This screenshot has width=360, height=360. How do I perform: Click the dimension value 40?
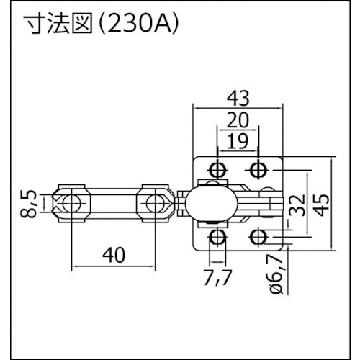[x=114, y=255]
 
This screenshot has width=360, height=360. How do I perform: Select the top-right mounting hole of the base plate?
[x=257, y=170]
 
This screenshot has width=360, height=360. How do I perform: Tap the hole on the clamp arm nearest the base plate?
[x=154, y=202]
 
